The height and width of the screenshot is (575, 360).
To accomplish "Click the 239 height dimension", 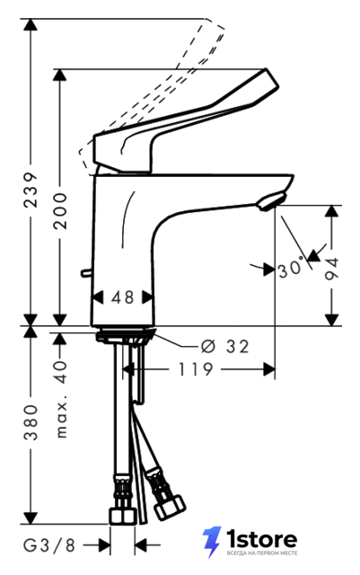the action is [31, 190].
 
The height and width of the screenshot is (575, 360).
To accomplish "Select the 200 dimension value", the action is [60, 211].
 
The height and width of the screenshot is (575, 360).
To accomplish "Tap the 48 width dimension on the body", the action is [123, 297].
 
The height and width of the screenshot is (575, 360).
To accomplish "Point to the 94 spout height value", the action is [332, 270].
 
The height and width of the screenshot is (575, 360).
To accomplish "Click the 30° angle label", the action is [291, 269].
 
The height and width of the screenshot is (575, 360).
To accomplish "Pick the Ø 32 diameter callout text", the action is [225, 347].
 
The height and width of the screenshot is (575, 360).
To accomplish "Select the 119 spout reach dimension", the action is [196, 369].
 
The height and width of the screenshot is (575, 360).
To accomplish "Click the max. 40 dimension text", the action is [61, 399].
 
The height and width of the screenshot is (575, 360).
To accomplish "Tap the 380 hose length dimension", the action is [31, 422].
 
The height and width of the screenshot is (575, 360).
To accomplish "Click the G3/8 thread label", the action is [49, 545].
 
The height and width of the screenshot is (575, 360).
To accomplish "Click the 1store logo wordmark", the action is [261, 540].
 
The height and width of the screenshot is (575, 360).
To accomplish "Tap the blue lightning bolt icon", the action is [212, 542].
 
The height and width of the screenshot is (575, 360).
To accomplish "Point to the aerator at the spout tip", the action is [270, 201].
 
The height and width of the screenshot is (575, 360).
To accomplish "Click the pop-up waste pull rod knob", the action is [85, 272].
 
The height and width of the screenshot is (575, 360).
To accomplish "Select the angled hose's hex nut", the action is [169, 507].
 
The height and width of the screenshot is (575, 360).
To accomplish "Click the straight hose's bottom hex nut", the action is [123, 515].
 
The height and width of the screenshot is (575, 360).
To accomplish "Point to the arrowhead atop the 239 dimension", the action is [31, 24].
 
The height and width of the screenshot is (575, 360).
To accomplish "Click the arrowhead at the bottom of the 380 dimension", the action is [31, 518].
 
